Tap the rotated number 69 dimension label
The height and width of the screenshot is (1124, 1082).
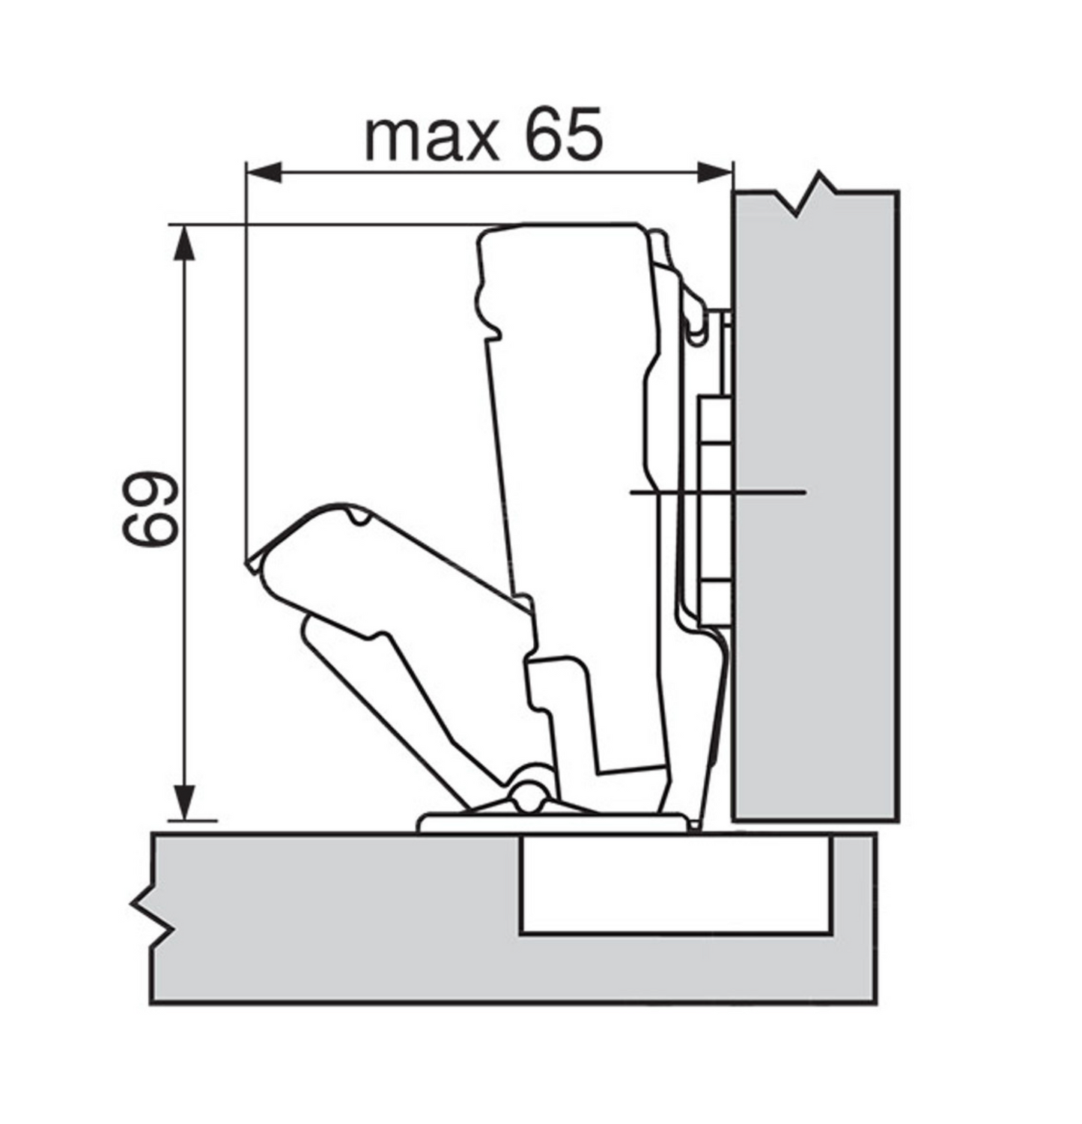click(x=150, y=508)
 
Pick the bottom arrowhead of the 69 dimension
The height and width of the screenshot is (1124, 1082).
click(x=184, y=802)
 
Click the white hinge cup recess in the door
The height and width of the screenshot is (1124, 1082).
click(x=675, y=885)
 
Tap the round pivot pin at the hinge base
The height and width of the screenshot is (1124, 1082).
click(x=529, y=795)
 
